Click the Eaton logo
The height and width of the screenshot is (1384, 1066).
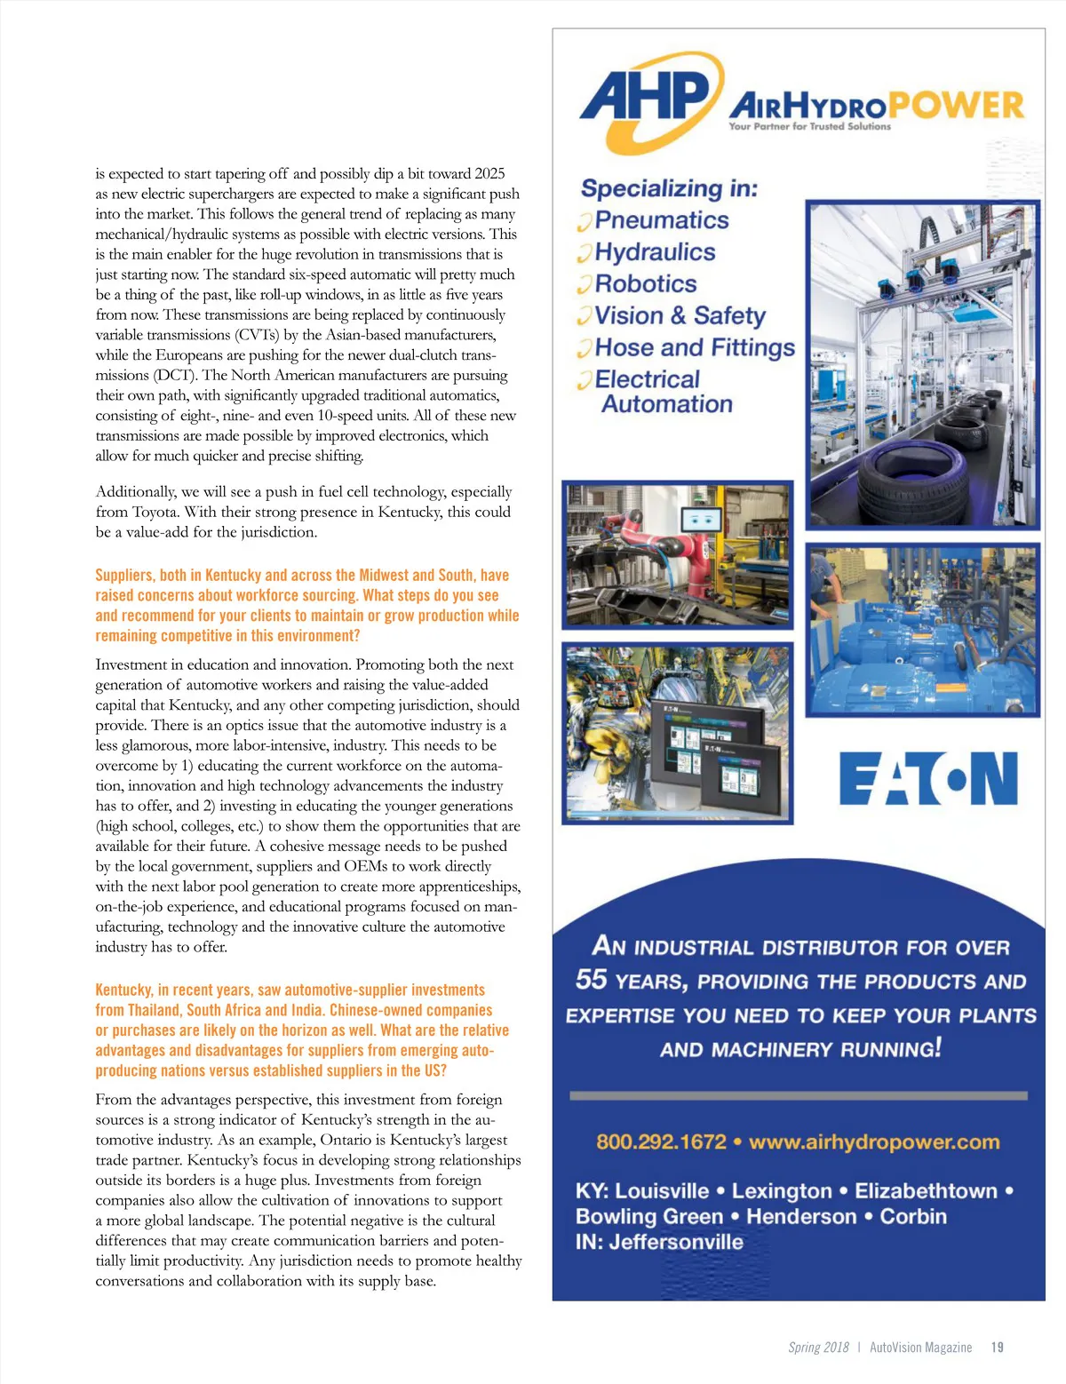(x=928, y=778)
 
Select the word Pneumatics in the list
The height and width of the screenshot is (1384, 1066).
(x=662, y=220)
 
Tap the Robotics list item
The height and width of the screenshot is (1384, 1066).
(x=646, y=284)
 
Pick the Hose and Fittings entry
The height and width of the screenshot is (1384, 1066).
(x=695, y=347)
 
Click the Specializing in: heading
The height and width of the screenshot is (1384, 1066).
(x=669, y=188)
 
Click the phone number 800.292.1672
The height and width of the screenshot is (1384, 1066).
(x=661, y=1141)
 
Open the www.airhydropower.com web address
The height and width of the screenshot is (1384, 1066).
(x=874, y=1141)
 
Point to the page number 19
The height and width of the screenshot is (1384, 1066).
(x=997, y=1348)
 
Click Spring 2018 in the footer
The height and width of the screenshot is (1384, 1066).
(x=818, y=1348)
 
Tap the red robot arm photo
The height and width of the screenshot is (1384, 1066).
(x=677, y=553)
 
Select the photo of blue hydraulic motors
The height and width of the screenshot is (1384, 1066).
(x=922, y=630)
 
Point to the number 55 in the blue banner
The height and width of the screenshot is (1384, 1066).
(x=591, y=980)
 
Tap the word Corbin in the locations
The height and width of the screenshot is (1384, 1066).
(x=912, y=1216)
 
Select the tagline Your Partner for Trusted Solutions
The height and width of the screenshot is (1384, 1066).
(x=809, y=127)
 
